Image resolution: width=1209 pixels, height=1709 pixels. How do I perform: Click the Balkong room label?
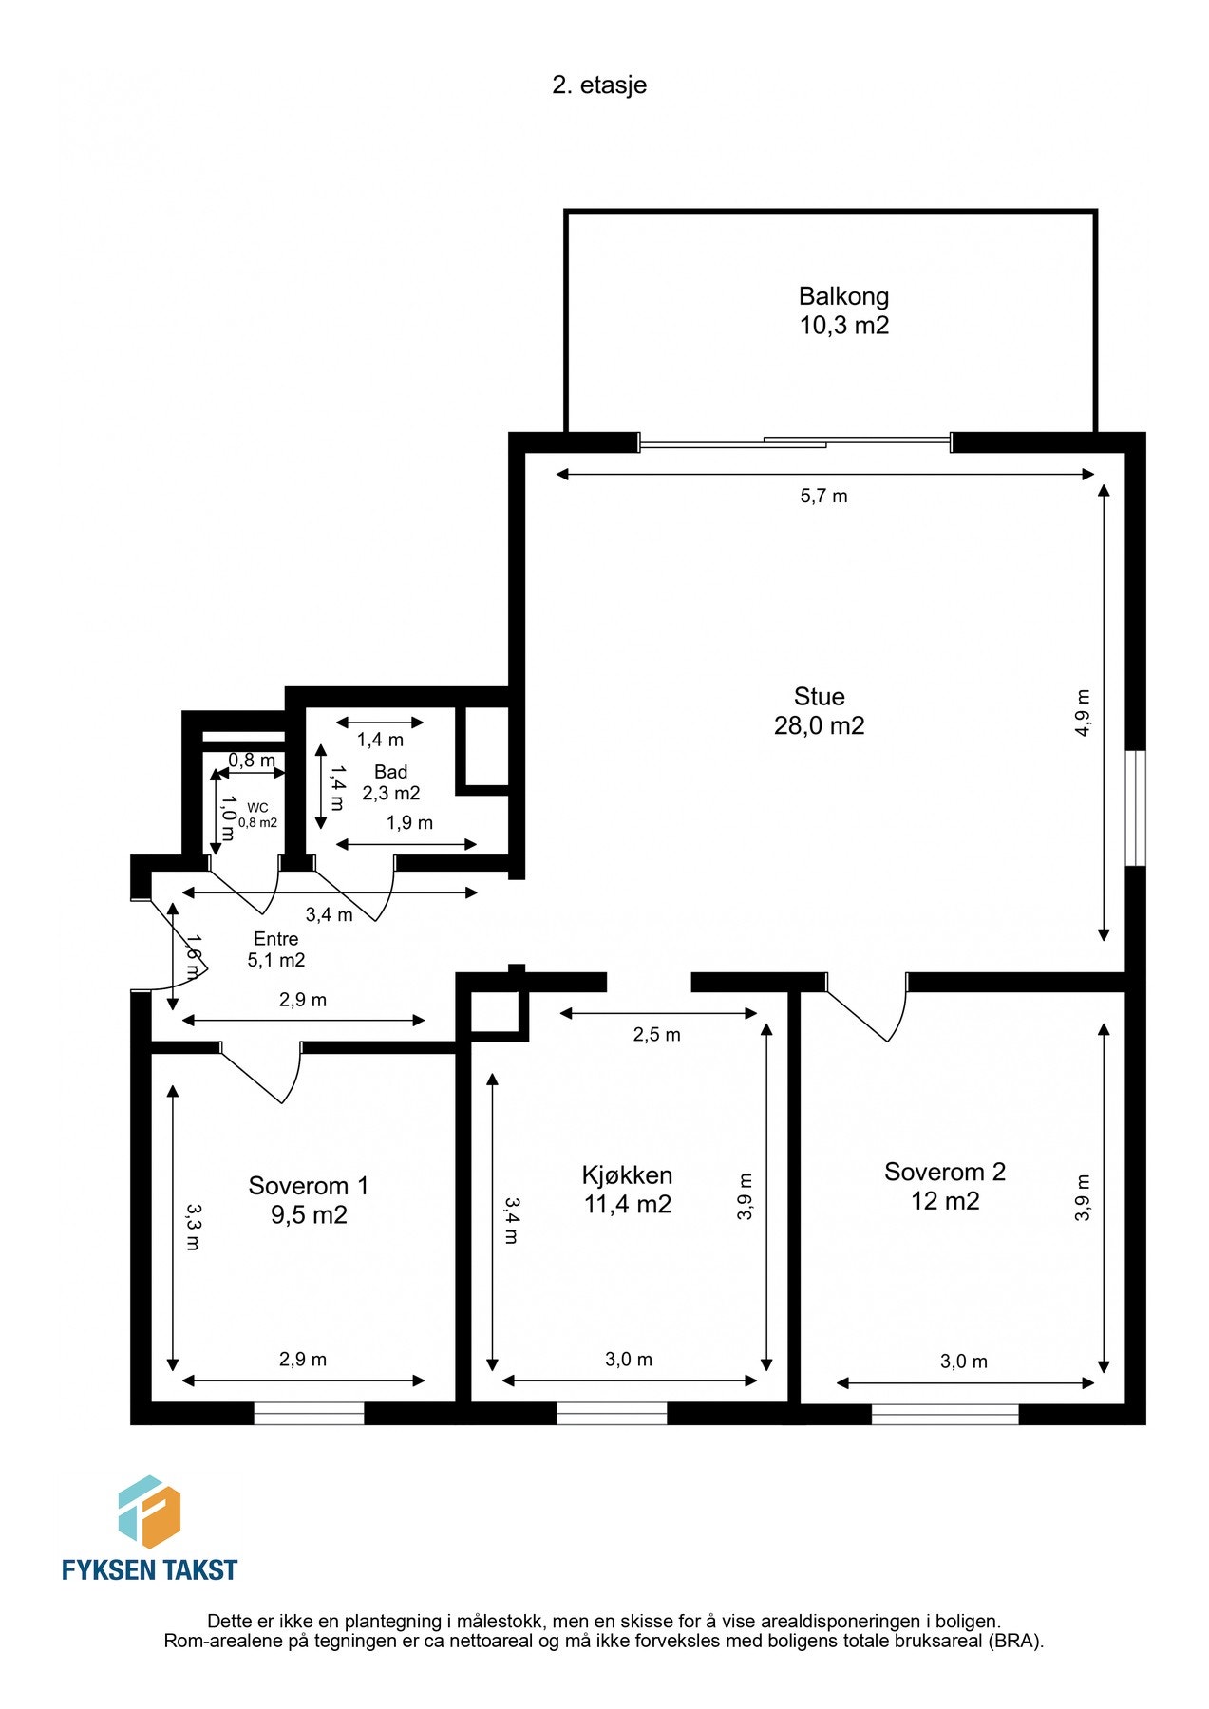pos(843,310)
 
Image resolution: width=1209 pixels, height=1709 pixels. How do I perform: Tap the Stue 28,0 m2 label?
pos(819,711)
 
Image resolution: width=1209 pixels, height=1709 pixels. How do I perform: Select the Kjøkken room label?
pos(627,1190)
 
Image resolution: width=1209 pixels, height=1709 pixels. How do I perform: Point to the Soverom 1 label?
pos(308,1200)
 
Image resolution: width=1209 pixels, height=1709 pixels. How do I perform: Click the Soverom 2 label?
pos(944,1186)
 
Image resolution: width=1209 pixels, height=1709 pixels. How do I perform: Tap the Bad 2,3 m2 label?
pos(390,782)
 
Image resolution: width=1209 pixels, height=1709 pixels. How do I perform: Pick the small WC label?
pos(257,816)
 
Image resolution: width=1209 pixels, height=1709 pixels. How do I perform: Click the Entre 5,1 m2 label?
pos(276,949)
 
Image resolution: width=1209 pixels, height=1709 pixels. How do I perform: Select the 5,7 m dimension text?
pos(823,496)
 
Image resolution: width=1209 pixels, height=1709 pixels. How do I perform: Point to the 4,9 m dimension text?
pos(1083,712)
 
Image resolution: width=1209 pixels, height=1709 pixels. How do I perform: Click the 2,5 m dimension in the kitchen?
pos(656,1035)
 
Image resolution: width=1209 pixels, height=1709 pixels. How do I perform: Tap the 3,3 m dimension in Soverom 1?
pos(192,1227)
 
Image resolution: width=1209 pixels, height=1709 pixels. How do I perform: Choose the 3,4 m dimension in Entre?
pos(329,915)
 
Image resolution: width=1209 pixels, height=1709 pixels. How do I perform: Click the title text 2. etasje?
pos(599,85)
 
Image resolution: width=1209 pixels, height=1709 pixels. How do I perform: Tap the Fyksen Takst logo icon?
pos(149,1512)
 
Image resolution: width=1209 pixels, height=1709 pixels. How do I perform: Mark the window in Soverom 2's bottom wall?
pos(945,1414)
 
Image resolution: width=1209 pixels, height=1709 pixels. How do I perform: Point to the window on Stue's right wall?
pos(1135,808)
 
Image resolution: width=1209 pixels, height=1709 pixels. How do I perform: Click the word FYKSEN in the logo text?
pos(104,1570)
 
